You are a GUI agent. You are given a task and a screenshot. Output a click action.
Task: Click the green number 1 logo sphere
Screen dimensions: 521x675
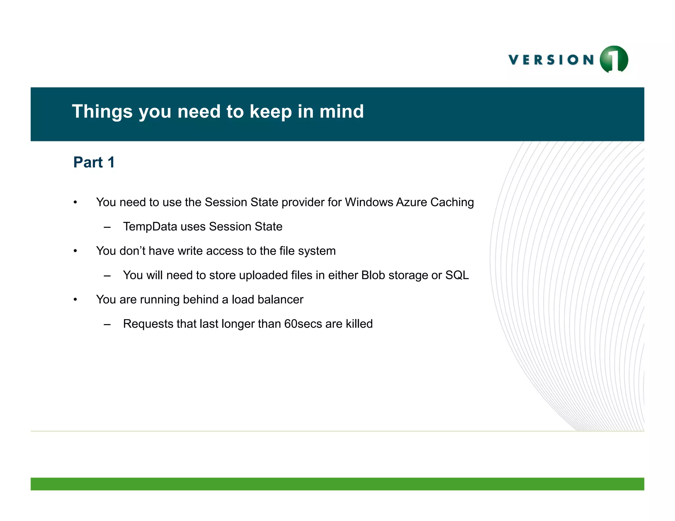coord(614,59)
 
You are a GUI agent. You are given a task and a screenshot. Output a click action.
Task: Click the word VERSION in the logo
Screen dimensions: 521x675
coord(551,60)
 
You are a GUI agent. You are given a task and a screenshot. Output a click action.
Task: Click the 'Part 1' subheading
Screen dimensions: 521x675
coord(94,162)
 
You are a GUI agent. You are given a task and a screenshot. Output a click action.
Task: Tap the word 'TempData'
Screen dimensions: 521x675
coord(150,227)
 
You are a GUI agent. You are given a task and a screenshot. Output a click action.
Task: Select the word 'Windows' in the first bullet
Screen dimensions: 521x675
coord(369,202)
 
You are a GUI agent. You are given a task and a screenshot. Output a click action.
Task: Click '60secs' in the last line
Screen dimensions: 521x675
coord(303,324)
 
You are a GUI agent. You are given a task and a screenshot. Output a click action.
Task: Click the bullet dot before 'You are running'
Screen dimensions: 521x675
coord(75,300)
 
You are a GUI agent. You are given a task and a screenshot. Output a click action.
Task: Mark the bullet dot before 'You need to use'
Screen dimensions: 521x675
coord(75,202)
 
